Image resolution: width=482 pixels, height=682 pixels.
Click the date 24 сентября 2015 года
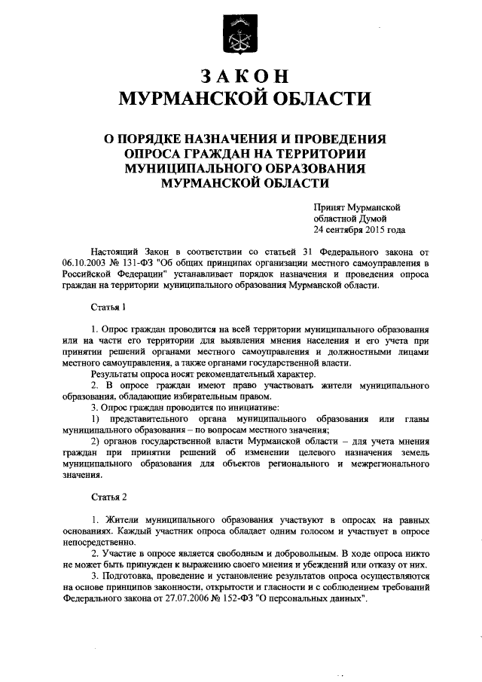[360, 230]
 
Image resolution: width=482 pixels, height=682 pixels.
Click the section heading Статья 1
[103, 307]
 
